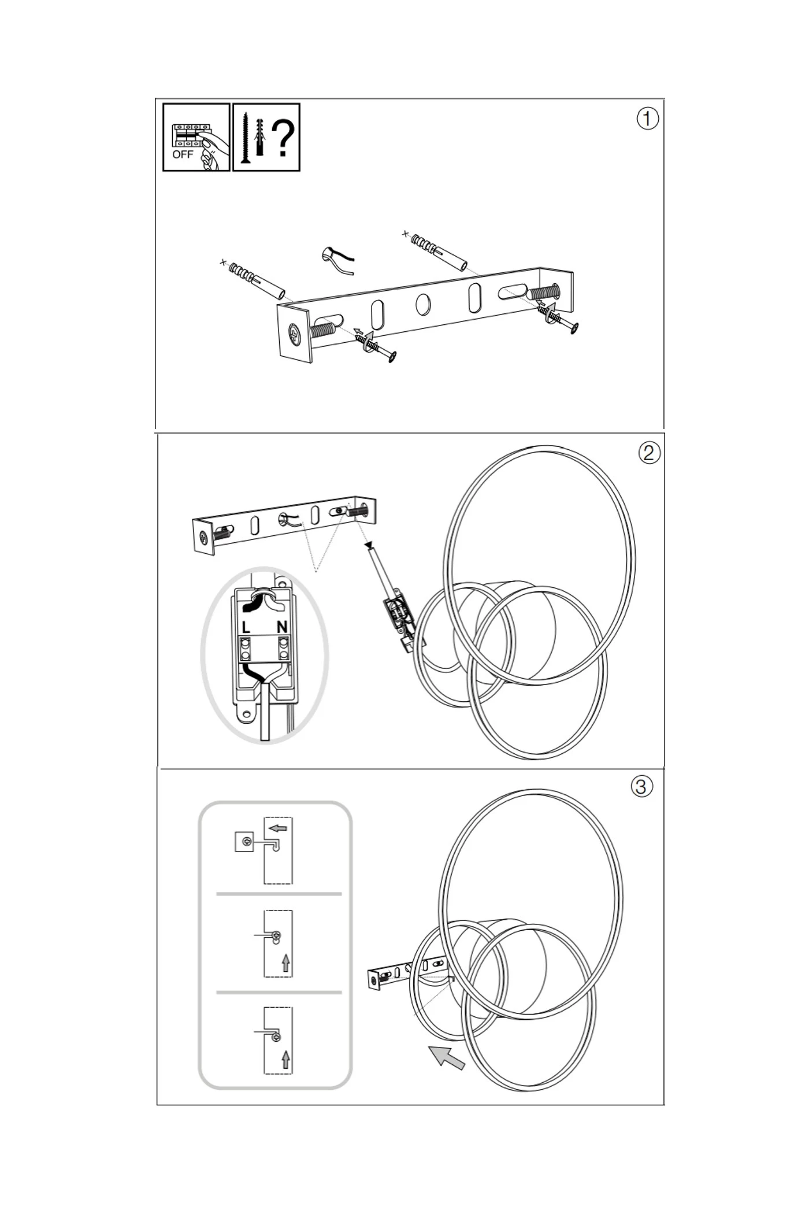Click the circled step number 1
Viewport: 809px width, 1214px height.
pyautogui.click(x=647, y=119)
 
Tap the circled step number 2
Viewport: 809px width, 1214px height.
pyautogui.click(x=649, y=452)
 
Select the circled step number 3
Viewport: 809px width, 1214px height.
pyautogui.click(x=641, y=786)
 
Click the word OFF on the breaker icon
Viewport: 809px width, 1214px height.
pyautogui.click(x=183, y=154)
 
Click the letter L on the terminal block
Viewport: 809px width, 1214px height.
pyautogui.click(x=246, y=627)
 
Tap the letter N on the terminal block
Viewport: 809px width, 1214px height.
pyautogui.click(x=282, y=627)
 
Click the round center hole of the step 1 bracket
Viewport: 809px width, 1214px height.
pyautogui.click(x=423, y=304)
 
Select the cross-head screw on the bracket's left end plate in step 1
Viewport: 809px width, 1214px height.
pyautogui.click(x=295, y=334)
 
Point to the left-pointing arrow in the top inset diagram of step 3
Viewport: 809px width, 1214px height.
pyautogui.click(x=278, y=828)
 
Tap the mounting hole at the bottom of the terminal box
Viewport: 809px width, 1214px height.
pyautogui.click(x=247, y=715)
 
